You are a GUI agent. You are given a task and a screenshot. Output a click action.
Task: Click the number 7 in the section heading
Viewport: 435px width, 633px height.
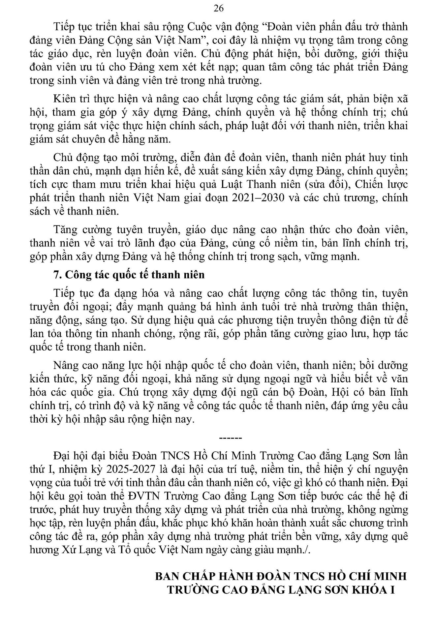click(56, 275)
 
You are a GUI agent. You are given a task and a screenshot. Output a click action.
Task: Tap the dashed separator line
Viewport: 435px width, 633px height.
click(231, 438)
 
